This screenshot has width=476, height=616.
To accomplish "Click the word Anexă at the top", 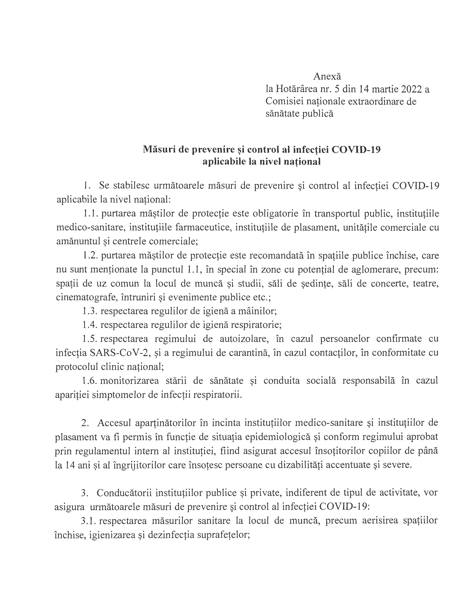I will click(327, 76).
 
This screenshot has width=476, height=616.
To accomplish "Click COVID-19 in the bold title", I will click(356, 149).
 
